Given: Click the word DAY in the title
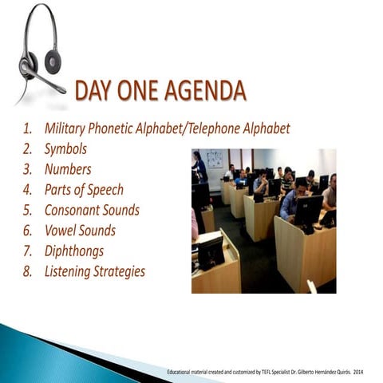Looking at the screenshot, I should (x=97, y=92).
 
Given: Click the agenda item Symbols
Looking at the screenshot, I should (x=65, y=148).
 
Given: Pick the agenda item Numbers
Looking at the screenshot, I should (x=68, y=169).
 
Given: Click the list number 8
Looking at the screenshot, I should (x=26, y=272).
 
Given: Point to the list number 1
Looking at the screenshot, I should (x=26, y=128).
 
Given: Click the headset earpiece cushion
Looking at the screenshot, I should (x=52, y=59).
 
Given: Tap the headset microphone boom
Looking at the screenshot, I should (x=44, y=80).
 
